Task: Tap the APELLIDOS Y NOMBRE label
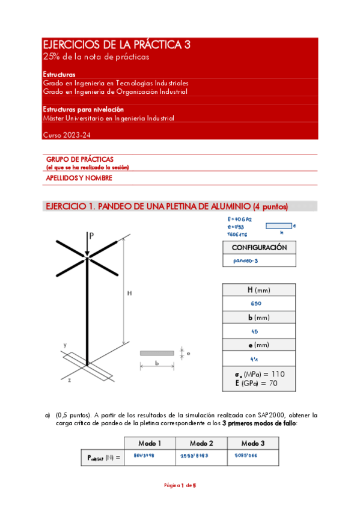click(79, 178)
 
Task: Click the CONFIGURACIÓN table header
click(259, 247)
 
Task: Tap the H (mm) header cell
click(258, 290)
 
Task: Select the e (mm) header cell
click(258, 345)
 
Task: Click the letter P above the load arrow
click(91, 236)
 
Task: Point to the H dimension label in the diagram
click(129, 293)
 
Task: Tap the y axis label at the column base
click(64, 345)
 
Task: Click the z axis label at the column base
click(70, 380)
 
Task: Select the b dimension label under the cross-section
click(156, 364)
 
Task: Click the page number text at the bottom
click(180, 485)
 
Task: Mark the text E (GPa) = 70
click(258, 382)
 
